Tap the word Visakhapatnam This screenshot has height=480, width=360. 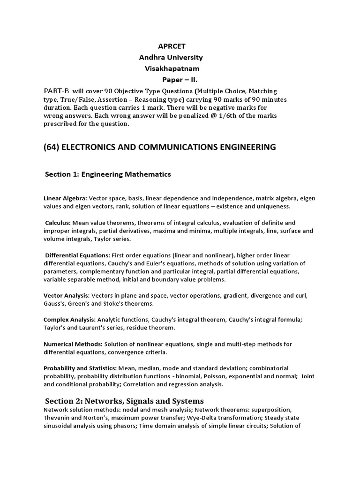pos(171,68)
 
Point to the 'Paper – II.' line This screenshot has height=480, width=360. pos(180,80)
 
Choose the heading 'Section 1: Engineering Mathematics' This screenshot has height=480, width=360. pos(108,174)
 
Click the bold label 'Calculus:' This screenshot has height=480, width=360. pos(59,223)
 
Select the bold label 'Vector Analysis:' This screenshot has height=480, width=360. pos(67,296)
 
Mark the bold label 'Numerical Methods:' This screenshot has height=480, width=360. pos(73,344)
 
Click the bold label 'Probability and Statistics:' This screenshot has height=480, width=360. pos(80,368)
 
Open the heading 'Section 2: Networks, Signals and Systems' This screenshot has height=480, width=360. pos(124,401)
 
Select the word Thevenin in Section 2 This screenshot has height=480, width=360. pos(56,418)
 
